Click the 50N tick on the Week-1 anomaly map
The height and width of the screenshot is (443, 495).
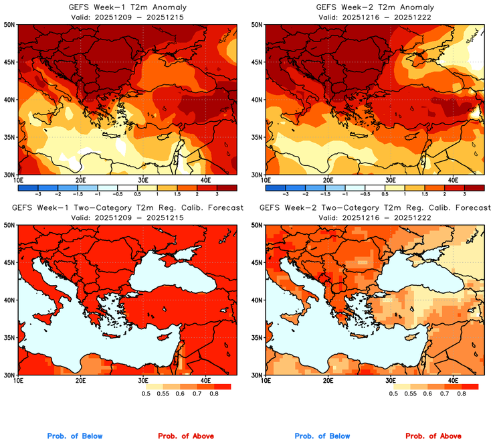tap(11, 25)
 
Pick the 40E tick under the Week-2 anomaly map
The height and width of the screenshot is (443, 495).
tap(452, 180)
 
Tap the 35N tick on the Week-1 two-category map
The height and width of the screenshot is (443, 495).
tap(11, 337)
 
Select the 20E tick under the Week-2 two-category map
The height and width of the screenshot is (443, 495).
tap(328, 381)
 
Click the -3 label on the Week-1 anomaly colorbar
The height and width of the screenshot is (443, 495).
tap(38, 193)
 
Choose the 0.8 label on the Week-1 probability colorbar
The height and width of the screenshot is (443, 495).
tap(213, 395)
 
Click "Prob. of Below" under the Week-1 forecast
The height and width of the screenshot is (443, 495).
tap(74, 436)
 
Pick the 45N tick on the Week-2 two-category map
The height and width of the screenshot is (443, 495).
tap(258, 263)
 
